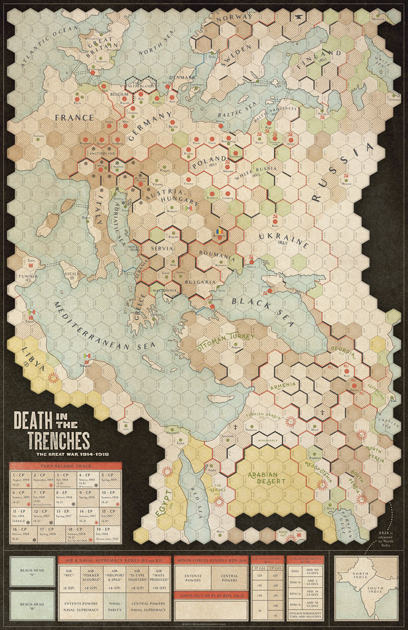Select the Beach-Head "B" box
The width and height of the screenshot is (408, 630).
32,605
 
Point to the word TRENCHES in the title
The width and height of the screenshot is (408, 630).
52,440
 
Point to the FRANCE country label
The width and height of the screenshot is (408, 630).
73,118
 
